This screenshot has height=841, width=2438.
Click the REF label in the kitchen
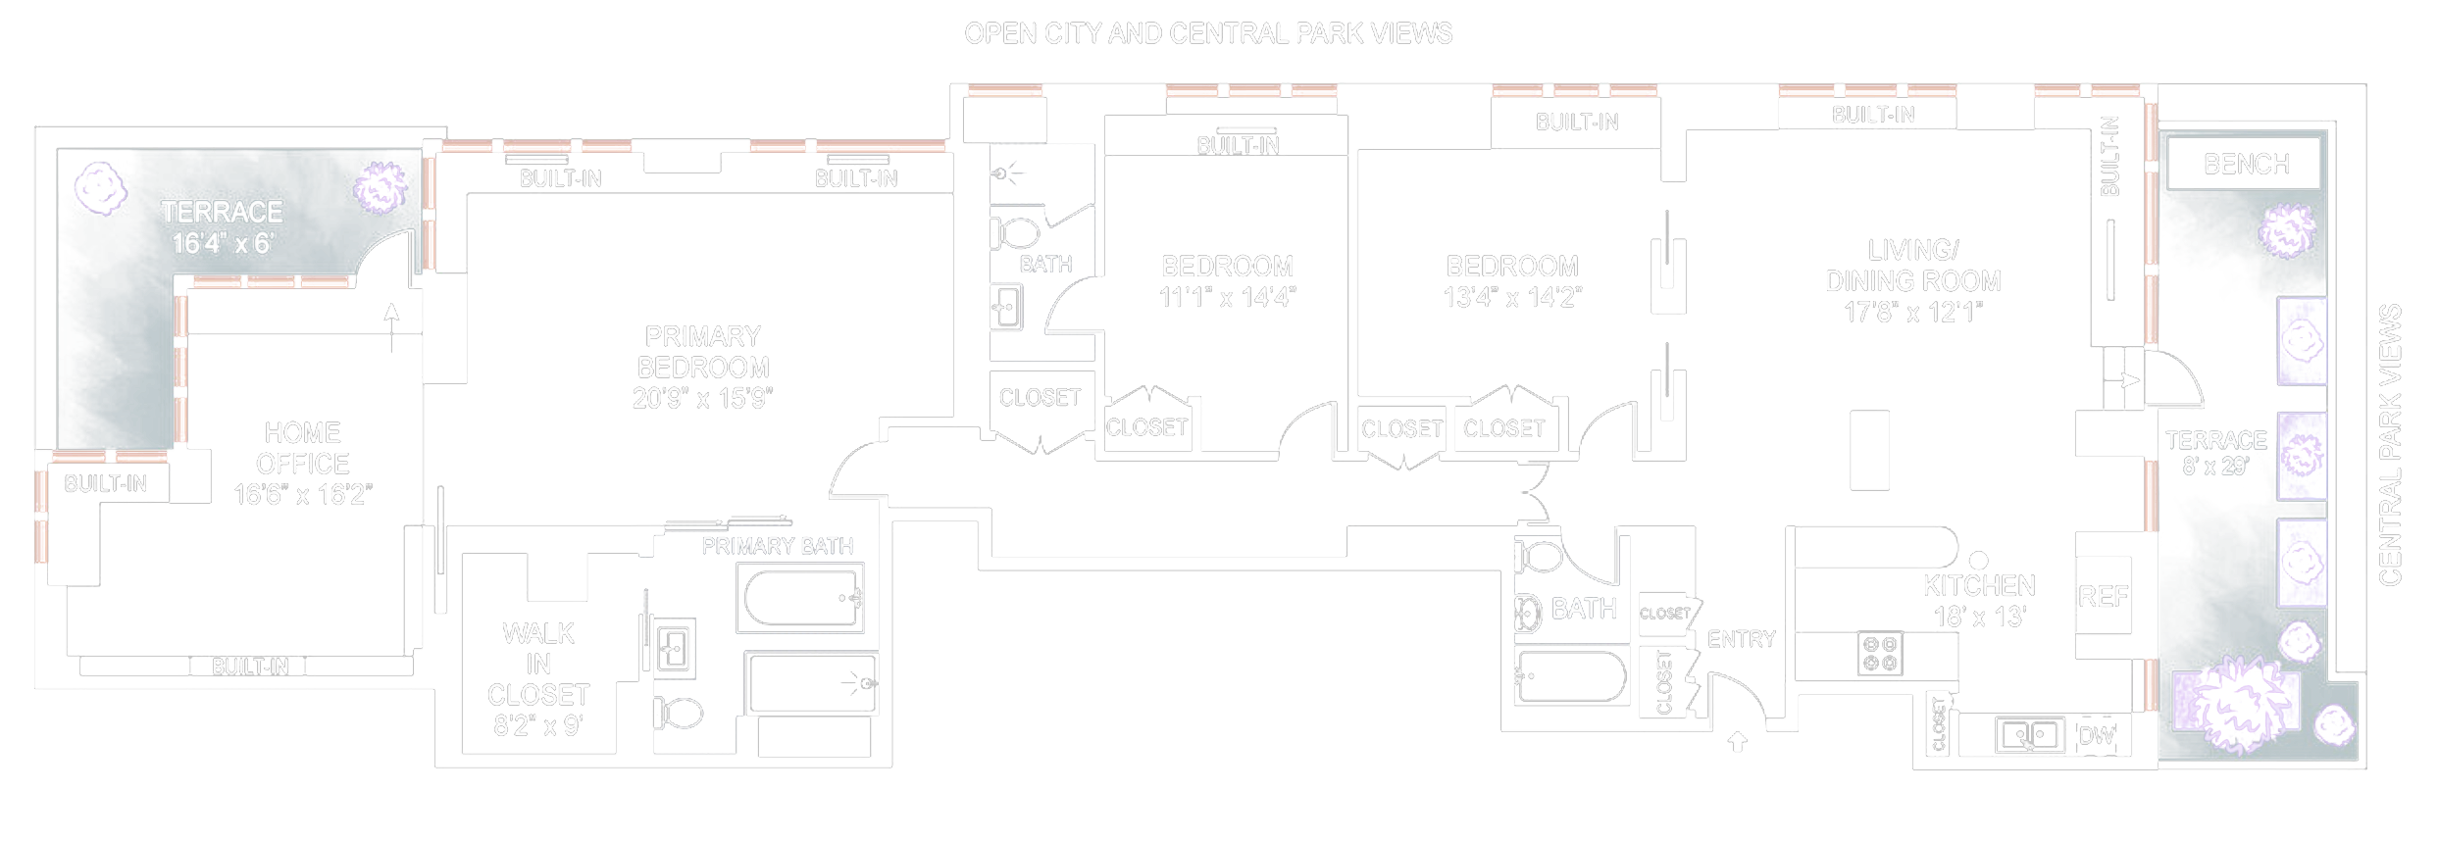pos(2103,596)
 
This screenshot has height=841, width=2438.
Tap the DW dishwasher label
pos(2097,736)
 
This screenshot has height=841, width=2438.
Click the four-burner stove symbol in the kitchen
pos(1880,654)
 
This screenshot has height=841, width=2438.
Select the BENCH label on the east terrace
pos(2246,164)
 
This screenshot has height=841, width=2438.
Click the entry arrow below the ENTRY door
pos(1737,741)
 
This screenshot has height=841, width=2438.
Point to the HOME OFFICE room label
pos(302,448)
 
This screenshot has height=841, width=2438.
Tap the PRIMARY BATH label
pos(777,546)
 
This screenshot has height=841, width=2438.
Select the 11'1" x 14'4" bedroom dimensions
pos(1227,297)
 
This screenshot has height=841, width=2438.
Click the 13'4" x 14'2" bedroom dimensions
pos(1512,297)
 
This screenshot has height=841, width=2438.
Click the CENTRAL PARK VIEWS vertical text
pos(2390,446)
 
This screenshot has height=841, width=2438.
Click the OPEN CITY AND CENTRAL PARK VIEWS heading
pos(1208,34)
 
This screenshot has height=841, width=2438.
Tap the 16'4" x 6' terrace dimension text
pos(223,243)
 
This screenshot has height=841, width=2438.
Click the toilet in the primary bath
pos(679,713)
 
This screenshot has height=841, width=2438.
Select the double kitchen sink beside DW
pos(2029,734)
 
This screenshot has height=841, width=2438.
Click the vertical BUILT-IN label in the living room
pos(2109,157)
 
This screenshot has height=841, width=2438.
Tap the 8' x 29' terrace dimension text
pos(2214,467)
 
